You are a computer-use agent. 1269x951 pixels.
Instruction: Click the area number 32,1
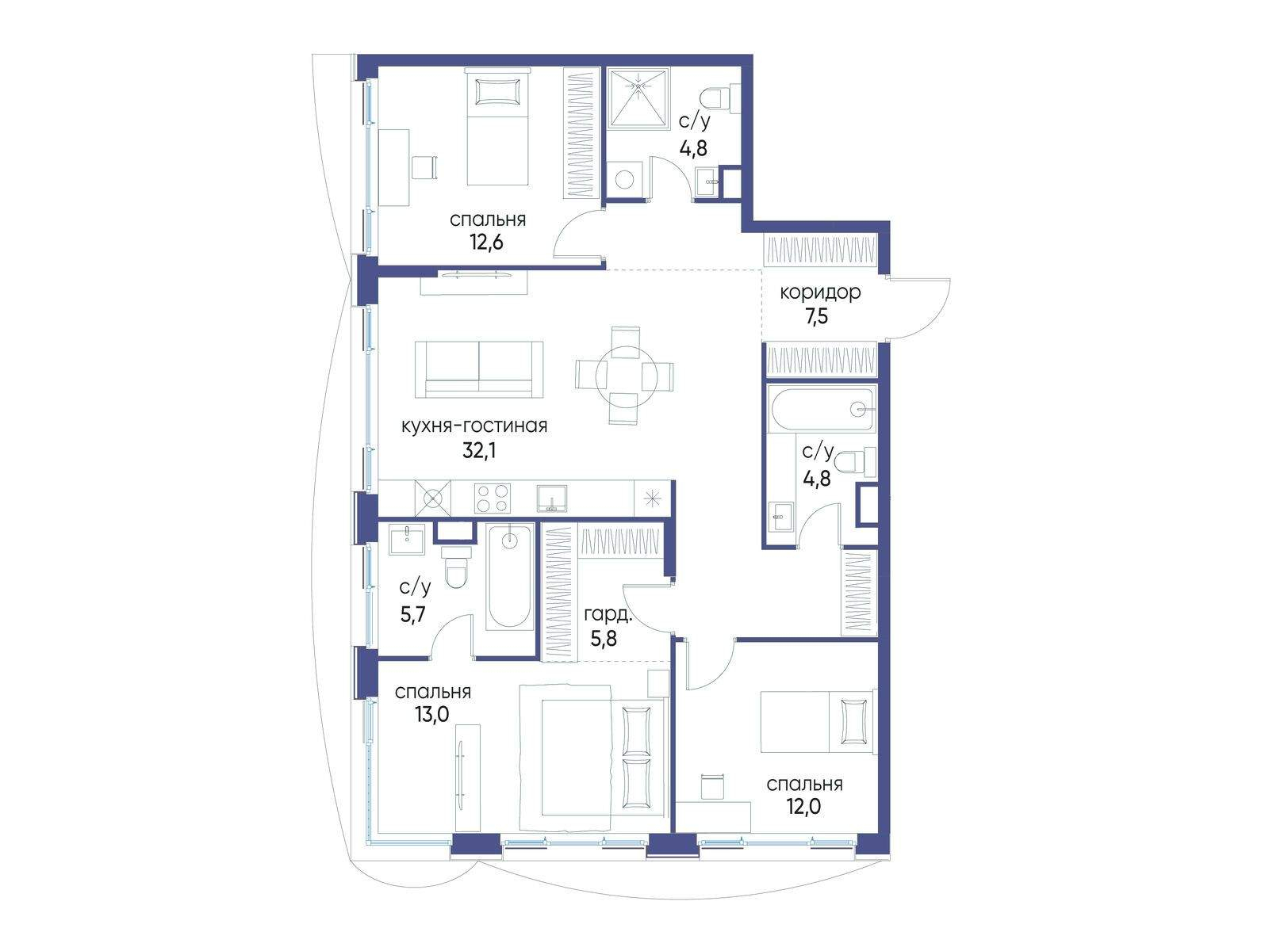(479, 450)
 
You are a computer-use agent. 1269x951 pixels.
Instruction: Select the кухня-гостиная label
(474, 426)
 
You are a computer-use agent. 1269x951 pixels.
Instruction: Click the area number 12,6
(486, 242)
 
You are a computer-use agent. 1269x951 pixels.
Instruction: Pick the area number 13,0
(432, 714)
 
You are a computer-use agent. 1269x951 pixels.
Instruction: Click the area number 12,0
(803, 806)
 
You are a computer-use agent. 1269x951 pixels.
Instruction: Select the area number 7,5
(817, 316)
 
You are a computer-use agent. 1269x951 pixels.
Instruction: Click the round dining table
(626, 376)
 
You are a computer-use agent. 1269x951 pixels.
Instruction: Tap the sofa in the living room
(479, 369)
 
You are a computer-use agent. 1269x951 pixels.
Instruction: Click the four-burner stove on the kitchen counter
(492, 498)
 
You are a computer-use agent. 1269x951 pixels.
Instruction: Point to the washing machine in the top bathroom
(624, 180)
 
